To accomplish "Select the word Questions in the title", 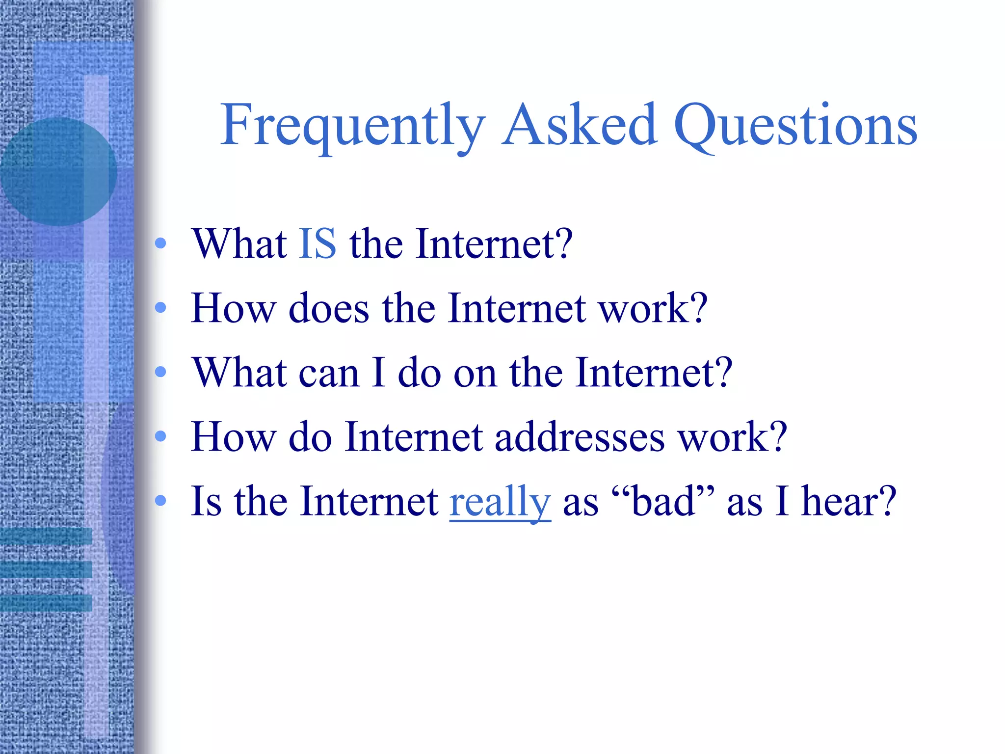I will (x=795, y=127).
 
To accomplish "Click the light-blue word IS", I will (x=317, y=244).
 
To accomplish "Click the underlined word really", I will (x=500, y=502).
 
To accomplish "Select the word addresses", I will (x=580, y=437).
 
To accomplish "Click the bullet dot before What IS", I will (x=160, y=243).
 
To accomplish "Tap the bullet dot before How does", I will (x=160, y=308).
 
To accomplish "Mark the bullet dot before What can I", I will (x=160, y=372).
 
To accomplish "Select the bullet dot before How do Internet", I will (x=160, y=436).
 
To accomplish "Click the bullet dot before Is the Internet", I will (x=160, y=501).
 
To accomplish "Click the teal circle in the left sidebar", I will (x=58, y=172).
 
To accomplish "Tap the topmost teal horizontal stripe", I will (x=46, y=536).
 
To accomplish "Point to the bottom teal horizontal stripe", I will (x=46, y=603).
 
